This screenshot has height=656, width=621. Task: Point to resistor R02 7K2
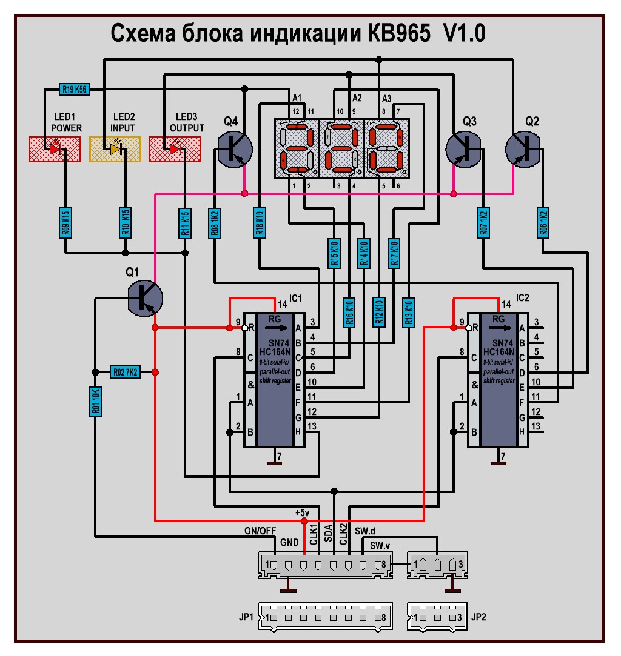tap(124, 372)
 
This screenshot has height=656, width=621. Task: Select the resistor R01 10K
tap(95, 402)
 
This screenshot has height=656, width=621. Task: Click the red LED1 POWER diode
tap(55, 148)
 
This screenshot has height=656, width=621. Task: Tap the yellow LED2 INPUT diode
tap(115, 148)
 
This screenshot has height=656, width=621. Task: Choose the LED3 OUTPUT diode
tap(175, 148)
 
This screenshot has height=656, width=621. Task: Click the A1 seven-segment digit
tap(295, 148)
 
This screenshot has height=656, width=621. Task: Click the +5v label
tap(303, 512)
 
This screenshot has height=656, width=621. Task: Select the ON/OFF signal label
tap(260, 531)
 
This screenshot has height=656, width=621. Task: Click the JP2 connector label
tap(478, 618)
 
